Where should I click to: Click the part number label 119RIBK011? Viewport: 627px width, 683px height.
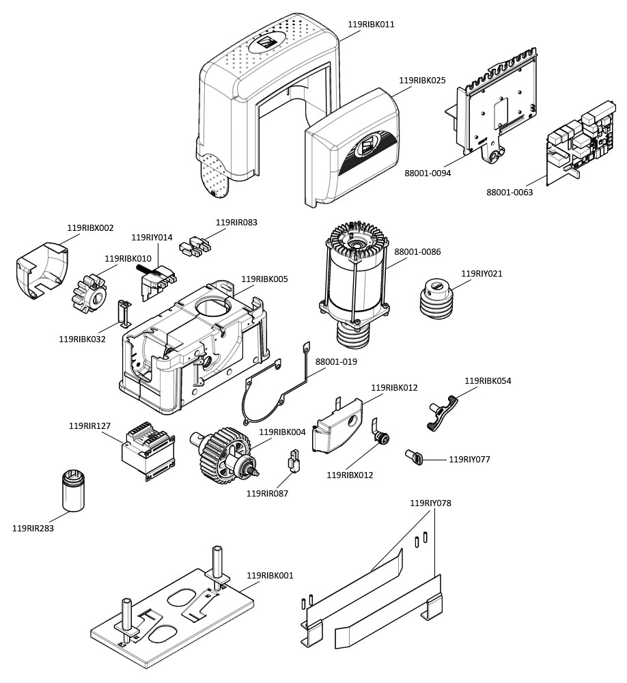371,25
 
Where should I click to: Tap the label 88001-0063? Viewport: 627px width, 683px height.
510,193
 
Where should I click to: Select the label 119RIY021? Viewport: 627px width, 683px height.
482,274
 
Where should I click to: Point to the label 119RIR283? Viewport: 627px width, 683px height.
33,528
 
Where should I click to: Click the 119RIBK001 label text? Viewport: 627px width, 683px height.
270,576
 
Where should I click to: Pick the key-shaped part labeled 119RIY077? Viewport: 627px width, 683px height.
416,457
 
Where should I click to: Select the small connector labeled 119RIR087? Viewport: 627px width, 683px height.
293,462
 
